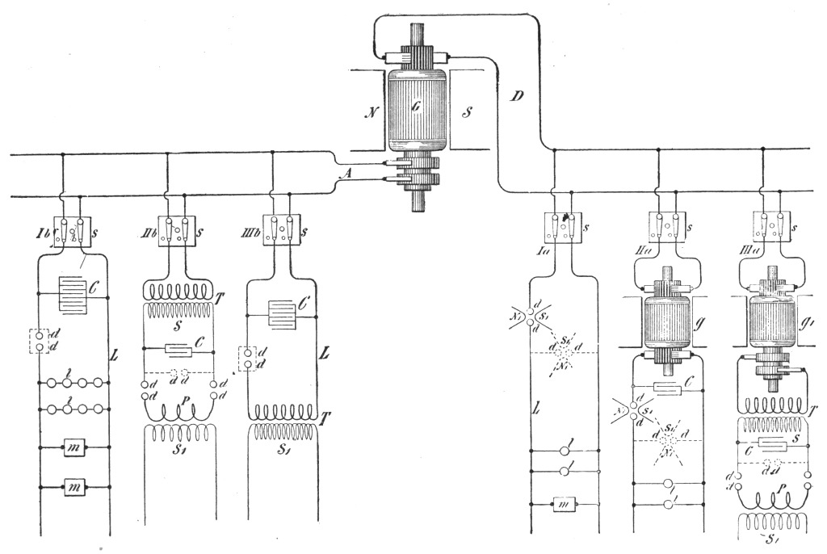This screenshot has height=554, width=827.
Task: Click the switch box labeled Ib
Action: click(73, 231)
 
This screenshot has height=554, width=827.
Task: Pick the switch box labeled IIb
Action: click(177, 231)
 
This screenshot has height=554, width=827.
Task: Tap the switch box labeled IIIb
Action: click(282, 229)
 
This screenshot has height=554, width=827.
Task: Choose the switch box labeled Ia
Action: click(563, 227)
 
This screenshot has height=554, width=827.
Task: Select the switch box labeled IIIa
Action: click(771, 226)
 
